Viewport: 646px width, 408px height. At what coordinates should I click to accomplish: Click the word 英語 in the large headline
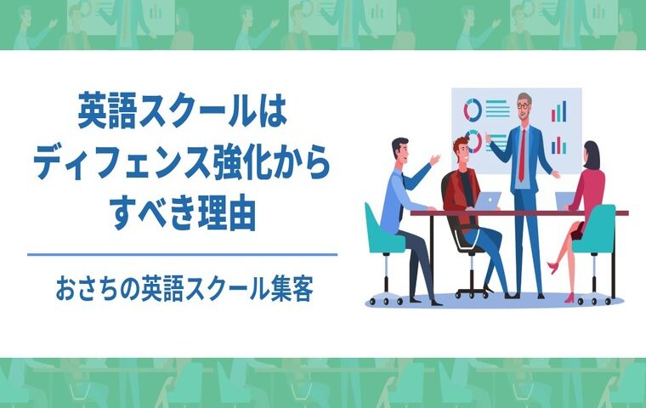[106, 110]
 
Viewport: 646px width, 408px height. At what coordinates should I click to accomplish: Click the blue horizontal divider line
[182, 255]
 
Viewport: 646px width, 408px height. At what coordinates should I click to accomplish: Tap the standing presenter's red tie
[522, 155]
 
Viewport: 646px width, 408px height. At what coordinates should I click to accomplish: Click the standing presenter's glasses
[524, 105]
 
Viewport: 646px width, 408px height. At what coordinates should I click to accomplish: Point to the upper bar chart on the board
[559, 111]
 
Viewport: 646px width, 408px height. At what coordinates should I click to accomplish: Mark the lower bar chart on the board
[559, 145]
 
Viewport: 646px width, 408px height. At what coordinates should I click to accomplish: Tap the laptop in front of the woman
[564, 201]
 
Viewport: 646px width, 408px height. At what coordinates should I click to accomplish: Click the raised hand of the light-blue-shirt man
[435, 160]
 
